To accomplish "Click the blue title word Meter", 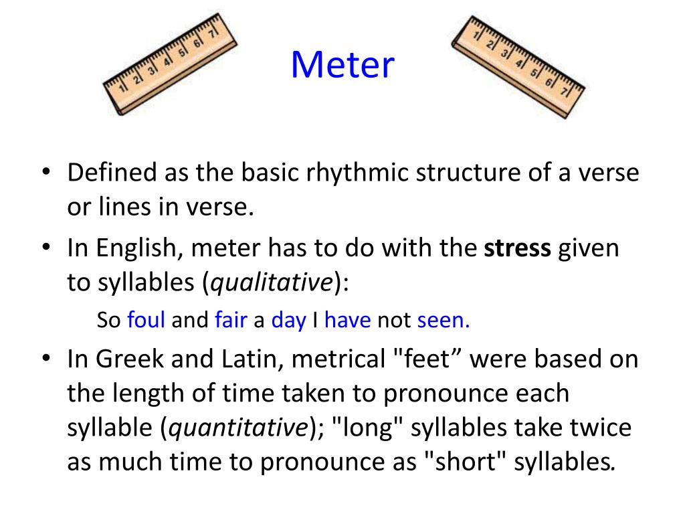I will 342,65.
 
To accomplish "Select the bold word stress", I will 518,249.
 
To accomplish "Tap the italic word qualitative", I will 272,284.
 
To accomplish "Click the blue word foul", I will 146,321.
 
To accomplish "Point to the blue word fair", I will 231,321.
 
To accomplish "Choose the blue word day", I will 288,321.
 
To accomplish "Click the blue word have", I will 347,321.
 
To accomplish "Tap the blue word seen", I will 444,321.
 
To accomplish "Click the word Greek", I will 128,359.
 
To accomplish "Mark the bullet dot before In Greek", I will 46,360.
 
